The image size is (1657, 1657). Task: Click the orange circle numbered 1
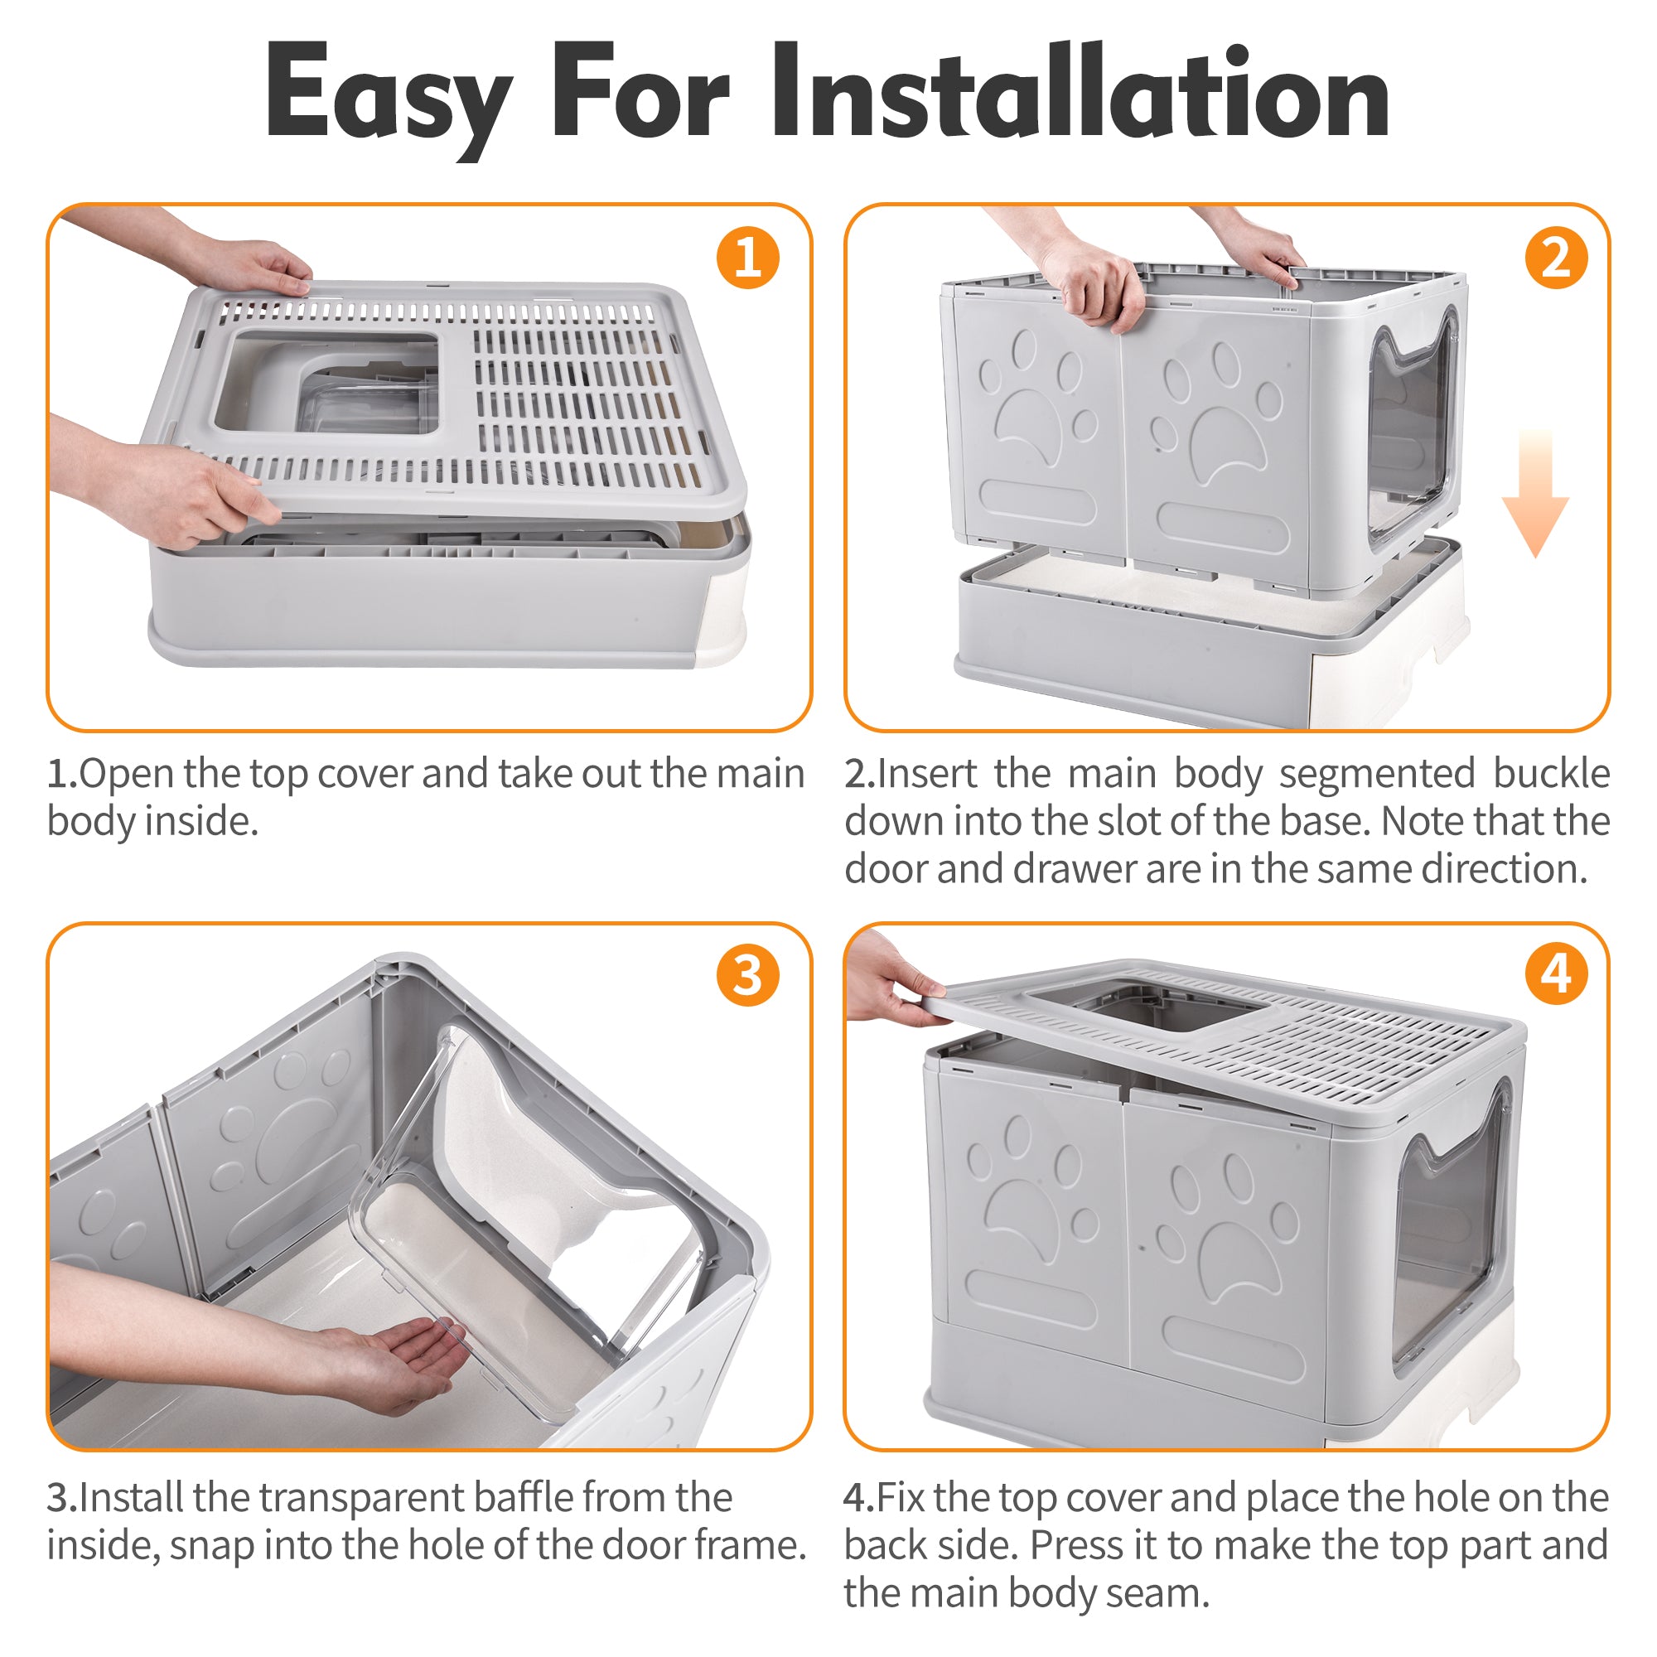coord(747,258)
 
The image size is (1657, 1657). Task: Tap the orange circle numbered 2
coord(1556,258)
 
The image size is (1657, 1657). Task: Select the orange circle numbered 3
coord(747,975)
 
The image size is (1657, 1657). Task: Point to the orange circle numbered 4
coord(1556,975)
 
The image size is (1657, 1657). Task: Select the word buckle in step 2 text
coord(1551,774)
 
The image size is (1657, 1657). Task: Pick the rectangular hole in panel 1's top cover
coord(326,382)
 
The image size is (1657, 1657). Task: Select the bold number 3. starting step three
coord(62,1498)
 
